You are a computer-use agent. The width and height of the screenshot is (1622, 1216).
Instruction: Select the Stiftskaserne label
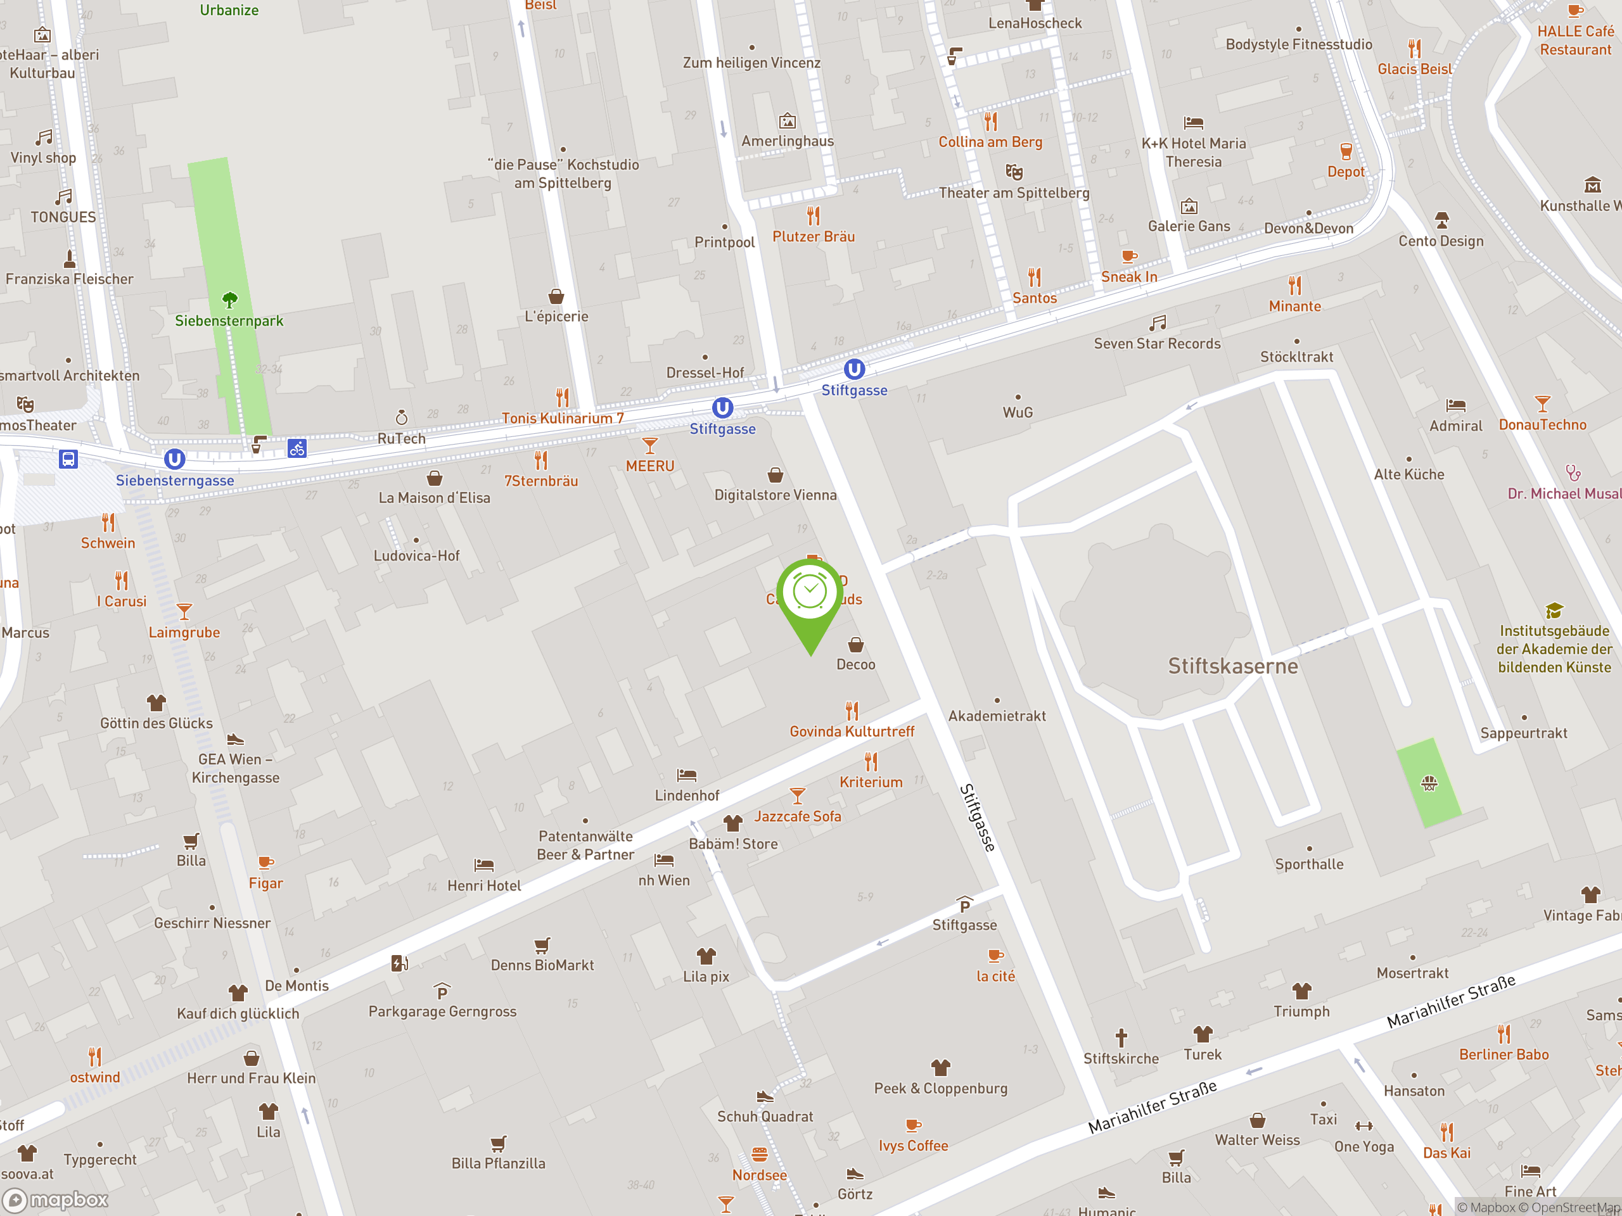click(1232, 666)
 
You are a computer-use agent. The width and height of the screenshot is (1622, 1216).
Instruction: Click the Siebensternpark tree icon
click(229, 299)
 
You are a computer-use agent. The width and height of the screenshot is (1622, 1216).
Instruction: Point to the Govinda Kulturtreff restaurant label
click(852, 731)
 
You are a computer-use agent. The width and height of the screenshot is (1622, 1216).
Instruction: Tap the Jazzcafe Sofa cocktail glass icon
click(797, 795)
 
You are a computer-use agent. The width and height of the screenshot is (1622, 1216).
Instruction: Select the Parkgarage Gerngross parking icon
click(442, 991)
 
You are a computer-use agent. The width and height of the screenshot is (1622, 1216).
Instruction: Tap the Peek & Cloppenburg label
click(940, 1087)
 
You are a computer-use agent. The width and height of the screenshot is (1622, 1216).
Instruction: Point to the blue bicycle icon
click(297, 448)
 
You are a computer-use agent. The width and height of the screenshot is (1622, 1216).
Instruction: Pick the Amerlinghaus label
click(787, 141)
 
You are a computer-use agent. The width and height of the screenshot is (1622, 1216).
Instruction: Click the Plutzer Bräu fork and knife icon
click(813, 215)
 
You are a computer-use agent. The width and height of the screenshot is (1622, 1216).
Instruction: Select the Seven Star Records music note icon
click(1157, 322)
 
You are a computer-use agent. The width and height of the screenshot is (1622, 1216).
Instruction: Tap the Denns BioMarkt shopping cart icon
click(542, 945)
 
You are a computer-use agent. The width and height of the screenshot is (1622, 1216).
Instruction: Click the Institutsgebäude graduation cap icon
click(1554, 611)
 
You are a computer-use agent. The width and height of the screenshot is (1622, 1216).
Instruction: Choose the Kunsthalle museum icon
click(1592, 184)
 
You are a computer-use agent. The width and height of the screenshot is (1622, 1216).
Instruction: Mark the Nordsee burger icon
click(760, 1155)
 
